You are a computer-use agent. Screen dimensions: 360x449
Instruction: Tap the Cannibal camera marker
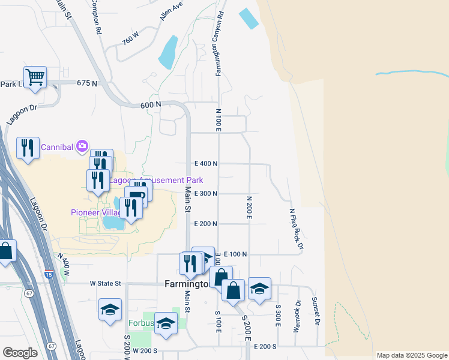[x=83, y=146]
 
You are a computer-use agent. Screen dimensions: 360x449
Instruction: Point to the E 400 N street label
[x=205, y=163]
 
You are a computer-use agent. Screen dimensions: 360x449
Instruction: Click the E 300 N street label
[x=205, y=193]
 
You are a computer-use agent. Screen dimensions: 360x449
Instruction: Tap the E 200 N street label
[x=205, y=223]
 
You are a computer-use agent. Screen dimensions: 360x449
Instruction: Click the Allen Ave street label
[x=171, y=12]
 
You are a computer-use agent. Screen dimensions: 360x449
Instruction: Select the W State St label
[x=105, y=283]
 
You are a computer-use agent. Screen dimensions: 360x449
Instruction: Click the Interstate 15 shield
[x=49, y=274]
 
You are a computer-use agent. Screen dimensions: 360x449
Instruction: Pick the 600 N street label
[x=151, y=104]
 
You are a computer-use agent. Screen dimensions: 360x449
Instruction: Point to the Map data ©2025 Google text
[x=412, y=355]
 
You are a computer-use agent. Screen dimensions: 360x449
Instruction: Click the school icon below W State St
[x=110, y=310]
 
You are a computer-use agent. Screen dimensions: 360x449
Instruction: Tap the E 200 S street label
[x=265, y=347]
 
